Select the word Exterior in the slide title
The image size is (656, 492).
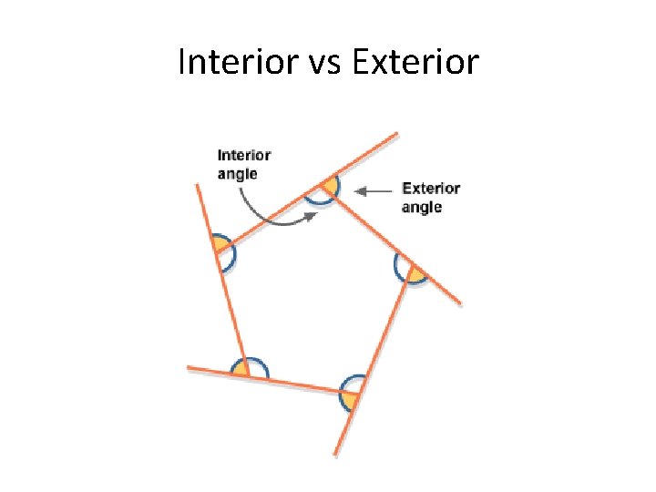pyautogui.click(x=415, y=62)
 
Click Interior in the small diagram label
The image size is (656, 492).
pyautogui.click(x=243, y=156)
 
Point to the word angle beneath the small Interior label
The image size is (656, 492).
pyautogui.click(x=237, y=173)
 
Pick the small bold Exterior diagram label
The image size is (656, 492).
pyautogui.click(x=431, y=189)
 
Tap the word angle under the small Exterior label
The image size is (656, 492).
pyautogui.click(x=422, y=207)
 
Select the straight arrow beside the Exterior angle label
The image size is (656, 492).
pyautogui.click(x=374, y=191)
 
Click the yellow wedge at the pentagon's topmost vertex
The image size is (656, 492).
pyautogui.click(x=332, y=187)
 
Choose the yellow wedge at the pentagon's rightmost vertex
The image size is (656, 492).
pyautogui.click(x=415, y=273)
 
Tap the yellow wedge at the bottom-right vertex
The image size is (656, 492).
pyautogui.click(x=349, y=399)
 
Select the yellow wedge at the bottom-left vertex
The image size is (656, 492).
pyautogui.click(x=241, y=371)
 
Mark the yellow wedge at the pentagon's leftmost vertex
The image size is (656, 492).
pyautogui.click(x=220, y=243)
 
